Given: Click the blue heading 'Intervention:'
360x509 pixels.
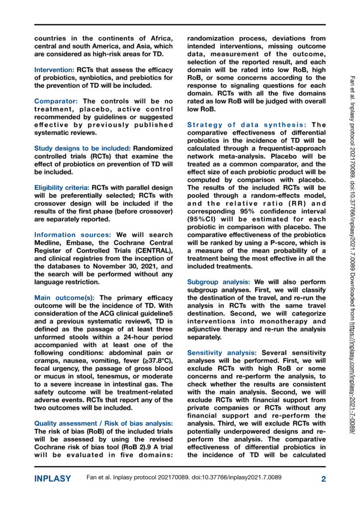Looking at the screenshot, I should click(x=54, y=71).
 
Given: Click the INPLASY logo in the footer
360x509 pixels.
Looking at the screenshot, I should click(x=53, y=479).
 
